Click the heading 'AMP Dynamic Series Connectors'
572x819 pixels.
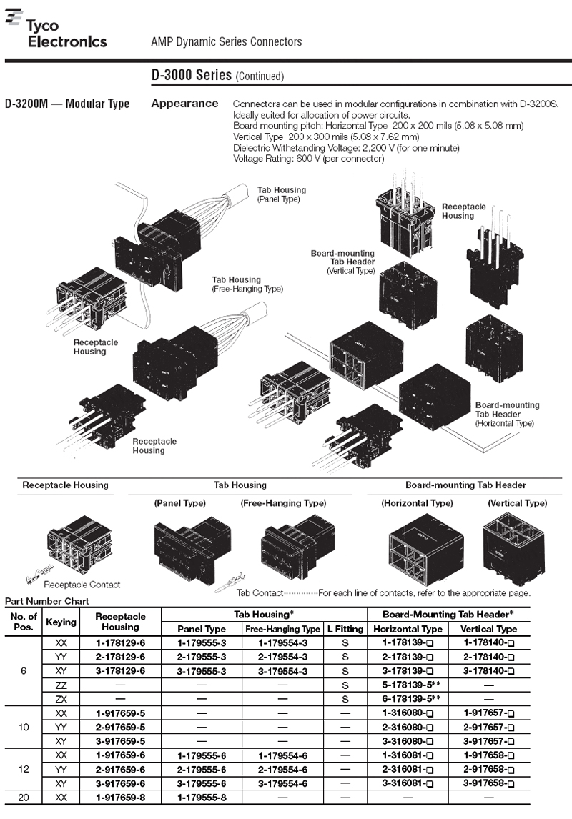click(x=227, y=41)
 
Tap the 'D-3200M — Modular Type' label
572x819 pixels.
click(x=67, y=104)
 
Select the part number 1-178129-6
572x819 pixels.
click(x=120, y=642)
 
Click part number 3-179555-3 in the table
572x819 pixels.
click(x=202, y=671)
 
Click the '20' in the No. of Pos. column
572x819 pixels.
click(x=24, y=795)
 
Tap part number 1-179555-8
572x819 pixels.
click(x=202, y=795)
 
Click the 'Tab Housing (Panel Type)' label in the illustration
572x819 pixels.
click(x=281, y=194)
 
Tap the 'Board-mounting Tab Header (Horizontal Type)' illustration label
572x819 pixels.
click(x=507, y=414)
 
